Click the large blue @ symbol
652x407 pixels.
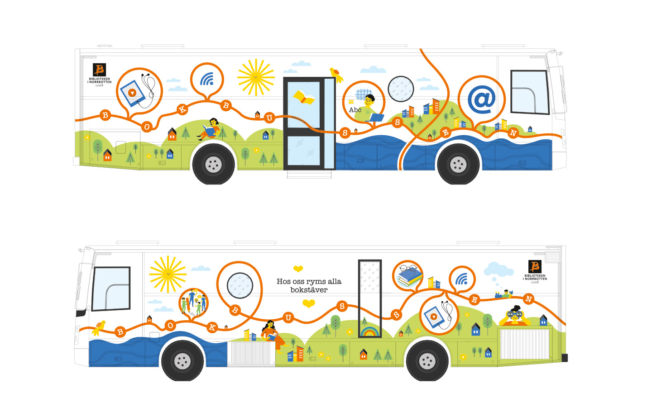[481, 99]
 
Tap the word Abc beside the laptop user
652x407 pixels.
[355, 110]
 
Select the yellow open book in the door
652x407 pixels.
[304, 97]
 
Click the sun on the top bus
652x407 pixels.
[256, 77]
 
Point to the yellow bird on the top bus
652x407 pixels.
[336, 74]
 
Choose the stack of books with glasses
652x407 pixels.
[409, 276]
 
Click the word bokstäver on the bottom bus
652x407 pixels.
[309, 290]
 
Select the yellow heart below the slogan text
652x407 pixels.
[309, 304]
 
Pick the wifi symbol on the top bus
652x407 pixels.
[207, 80]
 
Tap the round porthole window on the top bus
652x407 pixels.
[401, 89]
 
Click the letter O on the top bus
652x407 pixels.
[147, 127]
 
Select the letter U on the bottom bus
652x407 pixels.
[288, 317]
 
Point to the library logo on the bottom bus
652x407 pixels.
[535, 271]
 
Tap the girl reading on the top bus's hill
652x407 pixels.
[211, 128]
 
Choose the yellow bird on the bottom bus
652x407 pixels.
[99, 327]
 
